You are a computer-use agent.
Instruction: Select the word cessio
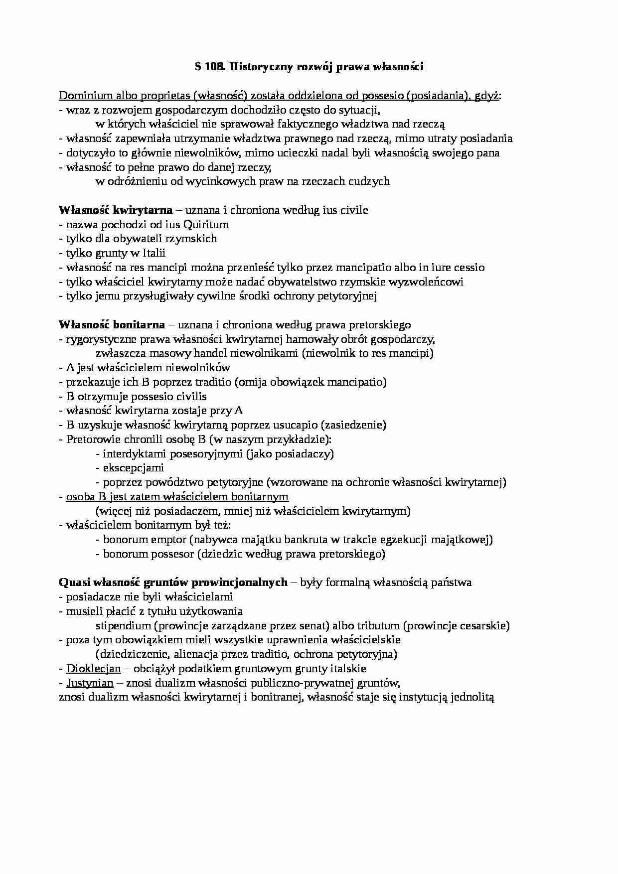coord(467,268)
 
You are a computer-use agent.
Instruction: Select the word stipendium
coord(123,626)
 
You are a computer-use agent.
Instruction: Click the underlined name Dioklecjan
coord(93,669)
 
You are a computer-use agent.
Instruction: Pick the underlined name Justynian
coord(90,683)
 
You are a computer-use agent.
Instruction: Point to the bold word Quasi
coord(73,583)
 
